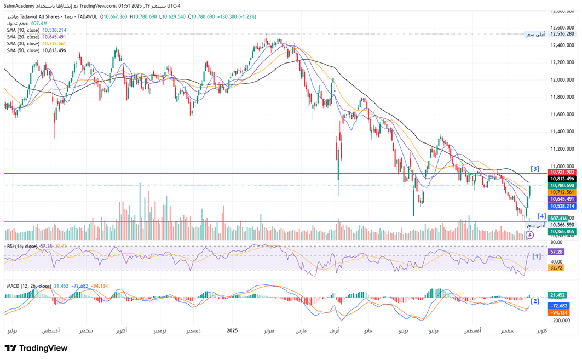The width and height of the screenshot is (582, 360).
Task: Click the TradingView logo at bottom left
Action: pyautogui.click(x=36, y=348)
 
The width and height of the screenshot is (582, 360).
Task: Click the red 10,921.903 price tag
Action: pyautogui.click(x=562, y=172)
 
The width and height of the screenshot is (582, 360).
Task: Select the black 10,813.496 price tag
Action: pyautogui.click(x=562, y=179)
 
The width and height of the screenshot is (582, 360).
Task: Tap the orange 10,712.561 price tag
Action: pyautogui.click(x=562, y=192)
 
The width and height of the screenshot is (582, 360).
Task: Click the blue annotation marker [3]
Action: pyautogui.click(x=535, y=168)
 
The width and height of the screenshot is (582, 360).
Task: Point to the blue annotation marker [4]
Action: pyautogui.click(x=541, y=216)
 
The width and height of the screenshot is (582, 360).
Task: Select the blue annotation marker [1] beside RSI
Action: pyautogui.click(x=537, y=256)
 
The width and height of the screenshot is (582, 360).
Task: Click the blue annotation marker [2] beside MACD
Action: pyautogui.click(x=535, y=301)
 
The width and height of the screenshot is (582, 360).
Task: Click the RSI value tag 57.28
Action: pyautogui.click(x=556, y=252)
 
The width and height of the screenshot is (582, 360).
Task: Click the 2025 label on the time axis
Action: pyautogui.click(x=232, y=331)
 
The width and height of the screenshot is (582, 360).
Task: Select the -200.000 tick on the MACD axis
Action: pyautogui.click(x=562, y=321)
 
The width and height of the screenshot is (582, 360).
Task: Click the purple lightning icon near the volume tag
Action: pyautogui.click(x=529, y=235)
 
